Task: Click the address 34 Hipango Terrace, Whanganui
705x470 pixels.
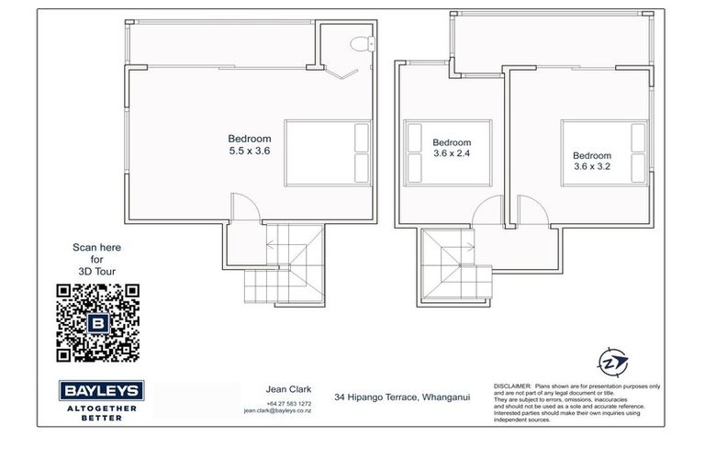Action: tap(402, 396)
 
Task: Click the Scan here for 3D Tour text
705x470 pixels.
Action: tap(96, 260)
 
